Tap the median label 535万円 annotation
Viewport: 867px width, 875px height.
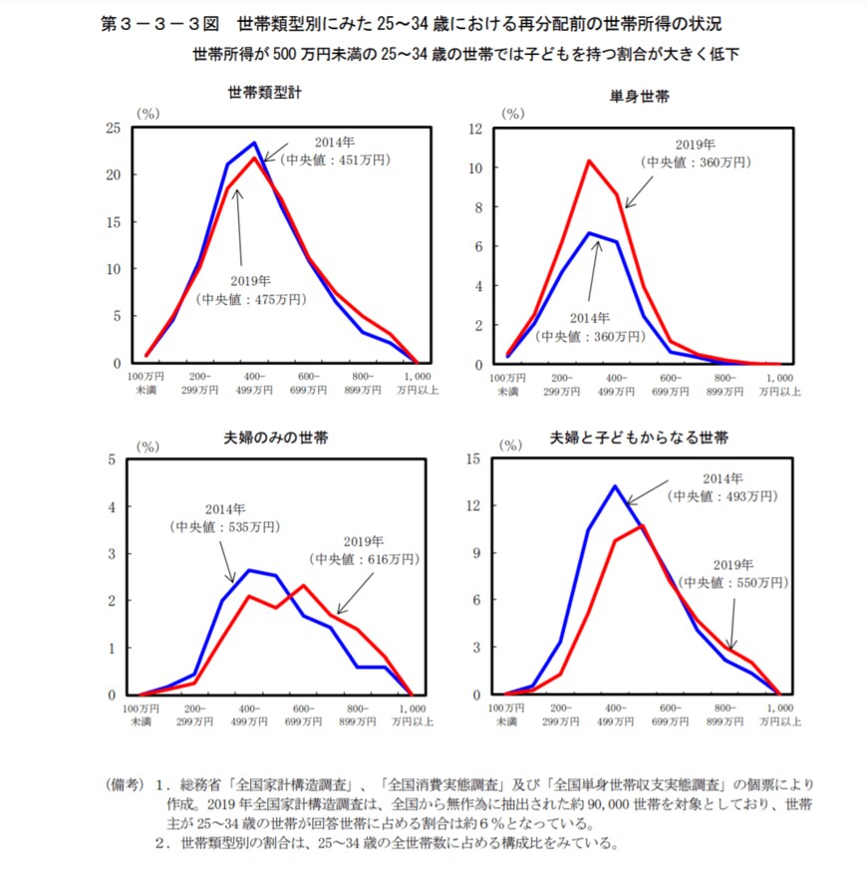point(218,525)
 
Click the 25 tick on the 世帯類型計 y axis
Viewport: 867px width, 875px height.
point(115,128)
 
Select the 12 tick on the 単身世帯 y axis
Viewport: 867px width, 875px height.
point(475,128)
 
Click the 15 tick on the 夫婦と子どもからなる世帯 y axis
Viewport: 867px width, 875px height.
point(475,458)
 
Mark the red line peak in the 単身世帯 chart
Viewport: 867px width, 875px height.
point(589,160)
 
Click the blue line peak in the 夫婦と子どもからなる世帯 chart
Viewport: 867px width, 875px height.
point(615,486)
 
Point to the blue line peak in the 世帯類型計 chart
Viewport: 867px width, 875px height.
point(254,143)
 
